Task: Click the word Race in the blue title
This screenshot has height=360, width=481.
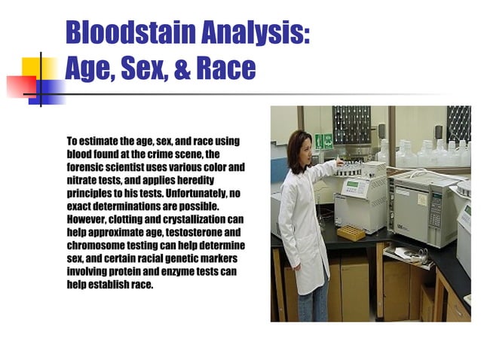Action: coord(225,70)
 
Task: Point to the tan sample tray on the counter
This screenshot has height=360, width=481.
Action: coord(351,233)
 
